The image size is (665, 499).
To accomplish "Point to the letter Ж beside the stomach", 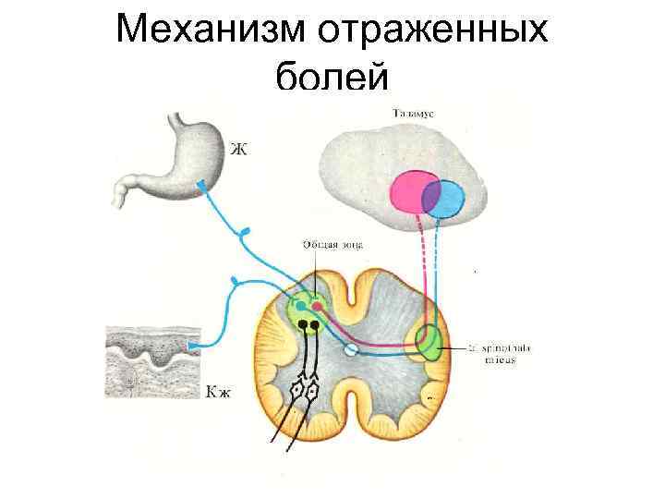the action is click(x=239, y=149).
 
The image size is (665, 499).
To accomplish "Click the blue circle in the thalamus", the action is click(x=446, y=198).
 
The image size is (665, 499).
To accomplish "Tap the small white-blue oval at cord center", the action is click(x=350, y=349).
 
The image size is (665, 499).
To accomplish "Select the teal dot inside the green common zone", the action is click(x=299, y=306).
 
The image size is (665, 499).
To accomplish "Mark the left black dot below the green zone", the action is click(x=302, y=325).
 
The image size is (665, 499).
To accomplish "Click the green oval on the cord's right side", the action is click(x=429, y=343).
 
